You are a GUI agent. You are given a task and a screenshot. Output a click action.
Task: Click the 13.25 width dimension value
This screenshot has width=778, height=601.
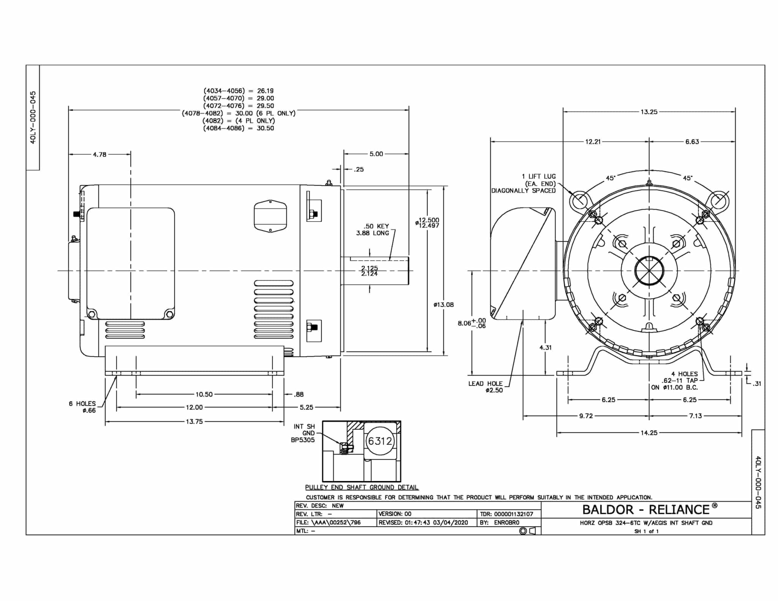649,112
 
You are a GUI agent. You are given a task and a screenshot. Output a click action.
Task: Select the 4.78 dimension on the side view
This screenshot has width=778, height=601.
100,155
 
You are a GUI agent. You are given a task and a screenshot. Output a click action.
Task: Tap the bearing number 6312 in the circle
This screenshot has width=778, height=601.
380,441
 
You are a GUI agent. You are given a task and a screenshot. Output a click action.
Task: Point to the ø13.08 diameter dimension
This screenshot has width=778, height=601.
443,304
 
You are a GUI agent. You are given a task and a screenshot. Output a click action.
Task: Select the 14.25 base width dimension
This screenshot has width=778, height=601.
649,433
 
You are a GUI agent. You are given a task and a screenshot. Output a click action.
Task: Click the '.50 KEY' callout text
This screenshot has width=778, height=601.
376,226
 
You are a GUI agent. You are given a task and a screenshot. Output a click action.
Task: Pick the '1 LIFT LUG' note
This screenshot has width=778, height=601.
539,176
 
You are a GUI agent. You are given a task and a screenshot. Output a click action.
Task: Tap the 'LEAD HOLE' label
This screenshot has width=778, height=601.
485,383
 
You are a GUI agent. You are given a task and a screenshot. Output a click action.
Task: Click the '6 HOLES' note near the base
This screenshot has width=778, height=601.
82,403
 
